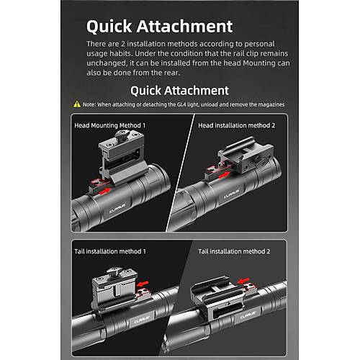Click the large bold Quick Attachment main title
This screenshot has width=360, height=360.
coord(159,27)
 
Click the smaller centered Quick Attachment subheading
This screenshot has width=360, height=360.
coord(179,91)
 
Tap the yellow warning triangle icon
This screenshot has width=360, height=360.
coord(77,104)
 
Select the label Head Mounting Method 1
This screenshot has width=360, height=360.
coord(109,125)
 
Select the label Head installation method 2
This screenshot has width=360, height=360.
coord(236,125)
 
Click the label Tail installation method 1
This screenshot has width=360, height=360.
coord(110,251)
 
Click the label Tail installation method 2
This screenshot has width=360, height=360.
coord(234,251)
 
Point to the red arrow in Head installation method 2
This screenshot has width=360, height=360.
coord(224,175)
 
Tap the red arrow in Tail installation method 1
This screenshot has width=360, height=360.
coord(143,284)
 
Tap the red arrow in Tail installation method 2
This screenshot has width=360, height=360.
coord(243,280)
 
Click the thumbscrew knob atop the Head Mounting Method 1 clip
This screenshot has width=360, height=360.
coord(122,135)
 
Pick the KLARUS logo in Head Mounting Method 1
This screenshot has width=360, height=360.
coord(117,208)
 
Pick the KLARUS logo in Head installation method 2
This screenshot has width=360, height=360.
coord(232,194)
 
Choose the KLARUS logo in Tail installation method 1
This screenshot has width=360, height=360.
coord(142,320)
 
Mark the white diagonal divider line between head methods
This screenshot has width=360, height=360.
coord(180,173)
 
